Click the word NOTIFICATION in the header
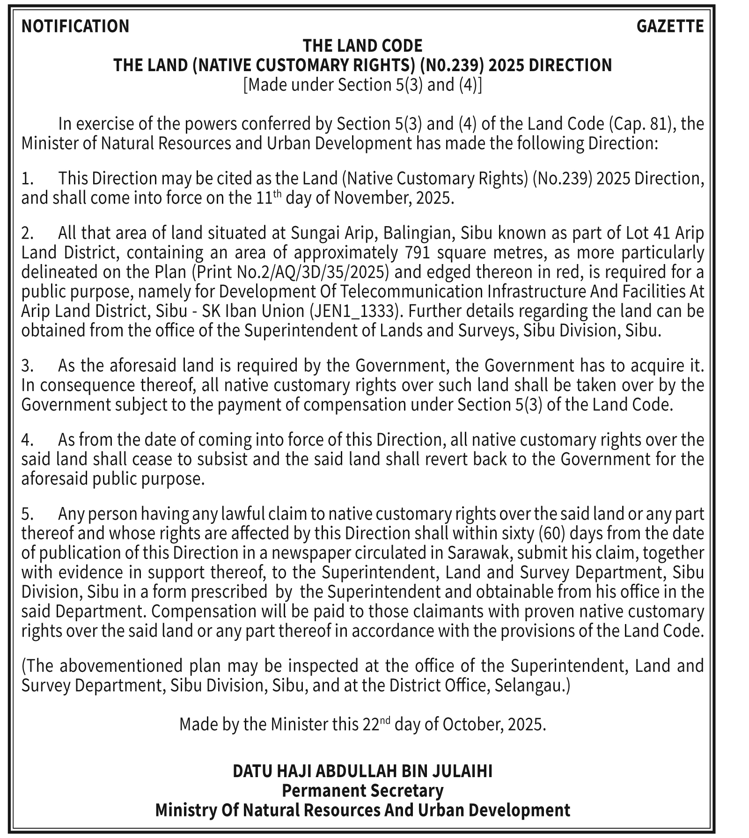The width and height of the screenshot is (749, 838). tap(75, 26)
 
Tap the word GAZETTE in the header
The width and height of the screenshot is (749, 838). tap(670, 26)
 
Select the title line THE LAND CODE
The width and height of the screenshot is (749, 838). tap(362, 46)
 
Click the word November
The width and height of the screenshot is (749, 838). tap(373, 198)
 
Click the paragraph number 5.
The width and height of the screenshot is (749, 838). tap(27, 514)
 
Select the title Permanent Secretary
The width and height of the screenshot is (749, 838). tap(362, 791)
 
